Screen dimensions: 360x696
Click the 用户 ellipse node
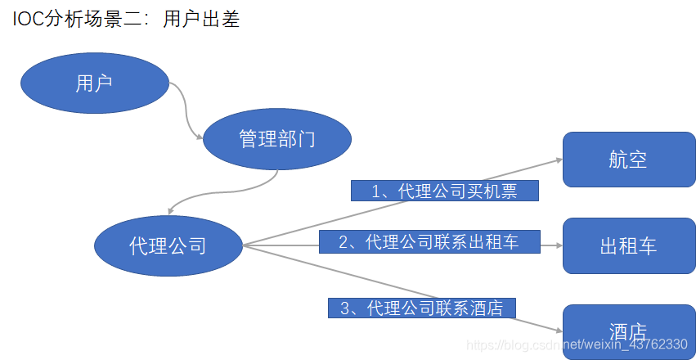[94, 83]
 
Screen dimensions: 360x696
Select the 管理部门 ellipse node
[276, 139]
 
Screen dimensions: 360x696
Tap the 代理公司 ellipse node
[168, 245]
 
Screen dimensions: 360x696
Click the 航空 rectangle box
[628, 160]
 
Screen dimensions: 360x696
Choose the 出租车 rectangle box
[628, 245]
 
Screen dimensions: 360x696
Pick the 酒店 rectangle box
[628, 331]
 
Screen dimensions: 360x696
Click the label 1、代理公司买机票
[445, 191]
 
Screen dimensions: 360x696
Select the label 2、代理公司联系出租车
[429, 241]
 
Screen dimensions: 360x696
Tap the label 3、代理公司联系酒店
[421, 308]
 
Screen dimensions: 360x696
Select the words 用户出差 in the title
[201, 19]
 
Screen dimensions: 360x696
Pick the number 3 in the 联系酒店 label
[344, 308]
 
